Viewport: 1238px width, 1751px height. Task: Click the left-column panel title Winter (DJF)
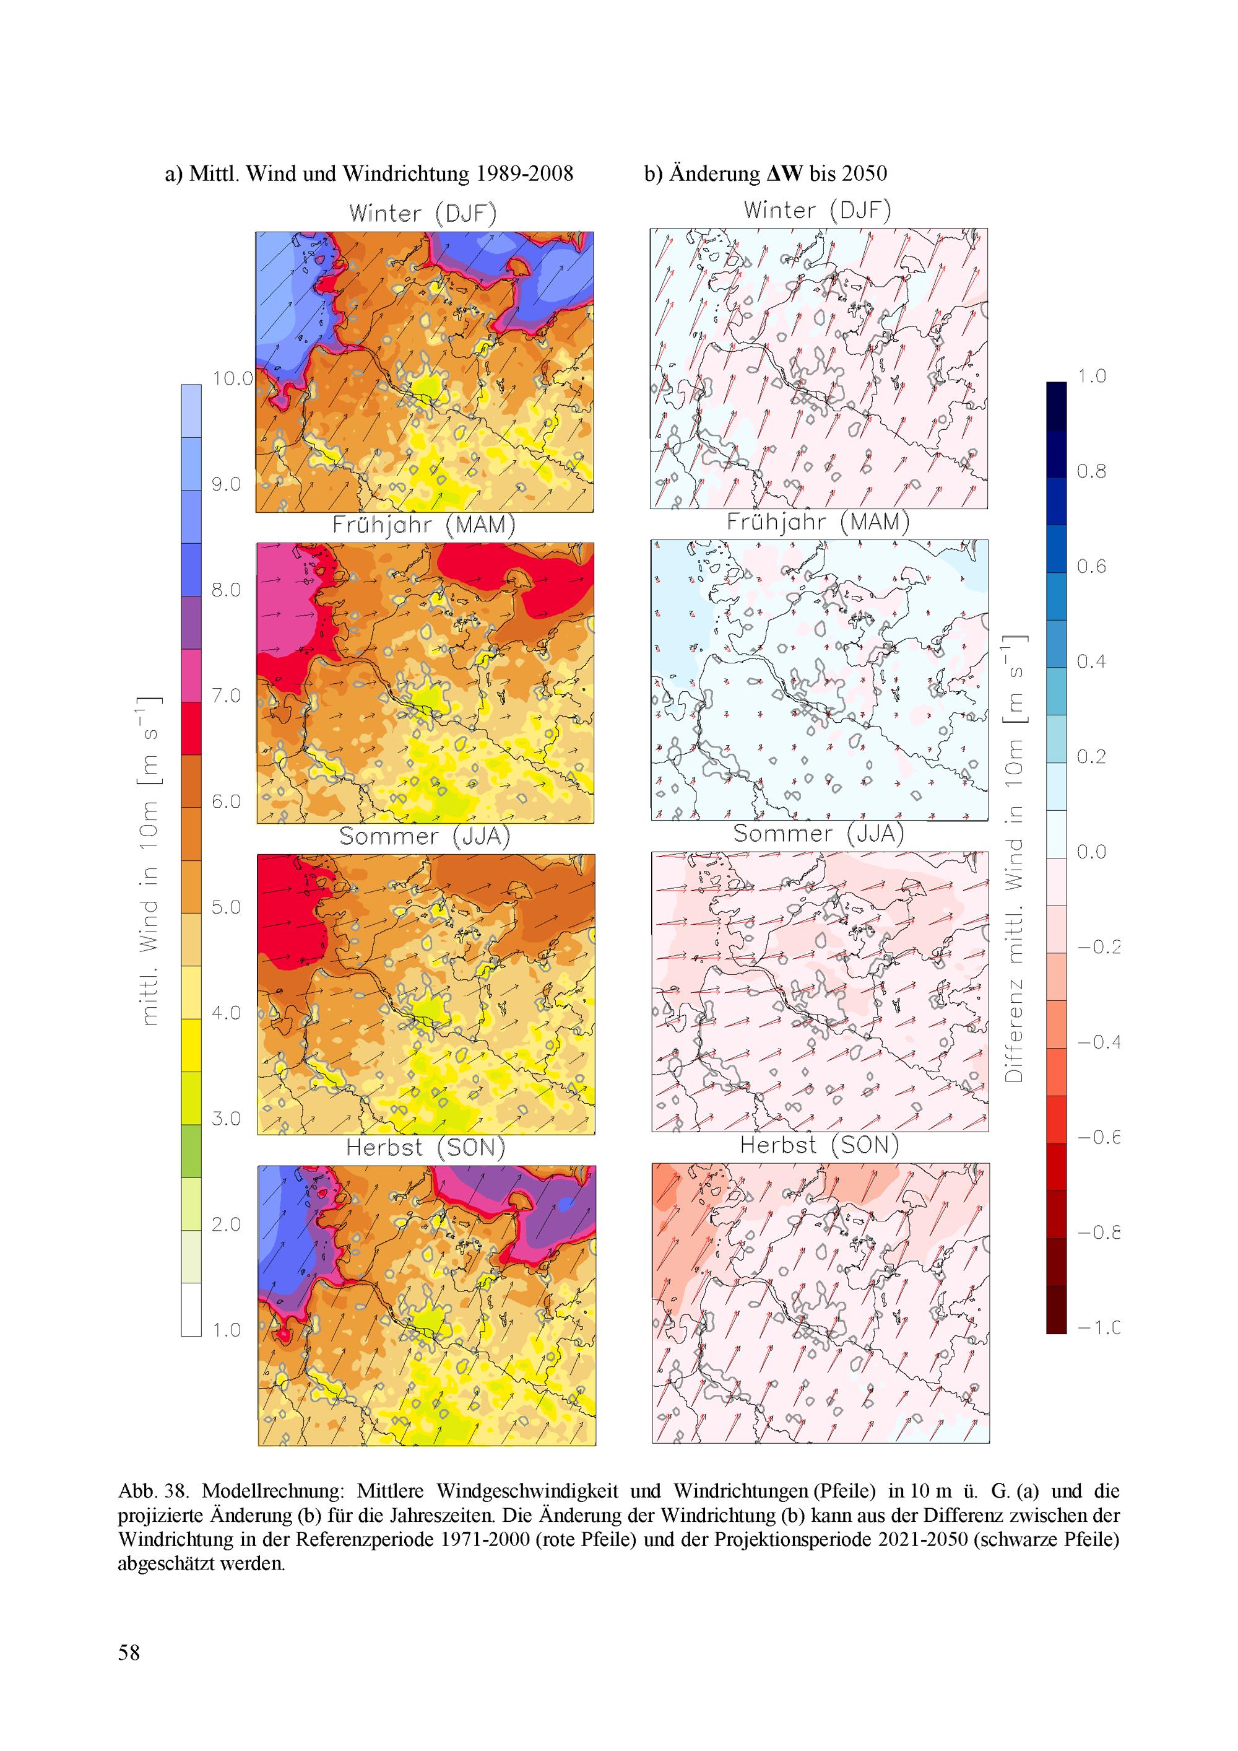423,214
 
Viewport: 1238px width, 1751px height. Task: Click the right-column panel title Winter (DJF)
817,211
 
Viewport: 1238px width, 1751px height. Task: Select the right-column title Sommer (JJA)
818,834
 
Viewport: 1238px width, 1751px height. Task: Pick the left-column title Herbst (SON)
425,1148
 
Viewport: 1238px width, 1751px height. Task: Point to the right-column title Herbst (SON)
820,1145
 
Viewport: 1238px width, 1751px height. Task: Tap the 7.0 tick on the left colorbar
226,696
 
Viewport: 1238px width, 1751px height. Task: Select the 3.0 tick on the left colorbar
226,1119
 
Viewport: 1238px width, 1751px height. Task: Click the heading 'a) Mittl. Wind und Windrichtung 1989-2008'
369,174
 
